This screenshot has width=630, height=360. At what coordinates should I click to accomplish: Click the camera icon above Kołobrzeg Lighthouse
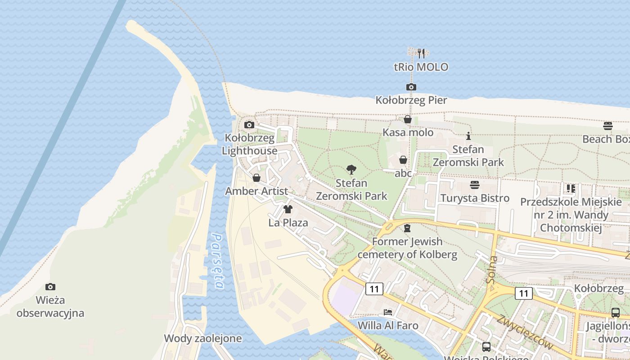(249, 125)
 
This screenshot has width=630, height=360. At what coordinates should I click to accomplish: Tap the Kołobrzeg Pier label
(411, 100)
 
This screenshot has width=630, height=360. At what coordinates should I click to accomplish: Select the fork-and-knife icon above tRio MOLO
(421, 54)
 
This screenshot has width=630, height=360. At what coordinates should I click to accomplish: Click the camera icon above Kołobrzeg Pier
(411, 87)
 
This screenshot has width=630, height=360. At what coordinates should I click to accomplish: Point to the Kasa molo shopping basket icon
(408, 119)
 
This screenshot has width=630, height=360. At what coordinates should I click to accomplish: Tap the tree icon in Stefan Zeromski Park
(351, 170)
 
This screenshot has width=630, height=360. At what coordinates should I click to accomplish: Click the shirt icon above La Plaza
(288, 209)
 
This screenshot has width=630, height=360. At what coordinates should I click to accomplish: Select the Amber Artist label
(256, 191)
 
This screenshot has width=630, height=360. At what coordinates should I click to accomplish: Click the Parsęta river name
(218, 261)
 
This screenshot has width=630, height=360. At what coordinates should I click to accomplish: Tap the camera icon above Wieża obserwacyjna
(50, 287)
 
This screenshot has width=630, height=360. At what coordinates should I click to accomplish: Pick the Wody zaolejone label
(202, 338)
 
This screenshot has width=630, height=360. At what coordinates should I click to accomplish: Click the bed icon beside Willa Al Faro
(388, 312)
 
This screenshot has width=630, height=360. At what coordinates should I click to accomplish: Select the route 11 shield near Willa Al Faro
(374, 288)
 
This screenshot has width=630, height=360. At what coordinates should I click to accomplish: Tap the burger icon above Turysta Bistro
(475, 185)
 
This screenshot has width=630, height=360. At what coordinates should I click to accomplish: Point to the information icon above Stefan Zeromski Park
(468, 135)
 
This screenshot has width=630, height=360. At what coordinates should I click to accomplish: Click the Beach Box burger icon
(608, 126)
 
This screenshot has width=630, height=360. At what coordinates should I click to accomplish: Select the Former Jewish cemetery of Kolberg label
(407, 248)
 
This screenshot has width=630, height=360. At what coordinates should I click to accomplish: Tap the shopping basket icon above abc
(403, 160)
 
